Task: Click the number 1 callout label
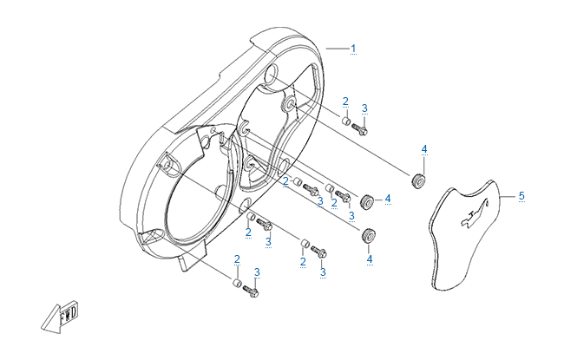[353, 47]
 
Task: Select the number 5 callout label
[521, 196]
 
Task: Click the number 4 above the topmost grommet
[424, 150]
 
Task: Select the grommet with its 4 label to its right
[366, 201]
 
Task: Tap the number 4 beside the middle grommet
[387, 199]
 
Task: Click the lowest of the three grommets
[369, 235]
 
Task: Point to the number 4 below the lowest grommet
[369, 259]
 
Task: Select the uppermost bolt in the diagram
[363, 130]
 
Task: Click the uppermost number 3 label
[364, 108]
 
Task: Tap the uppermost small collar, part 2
[344, 121]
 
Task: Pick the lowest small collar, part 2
[236, 284]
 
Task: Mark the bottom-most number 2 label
[236, 259]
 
